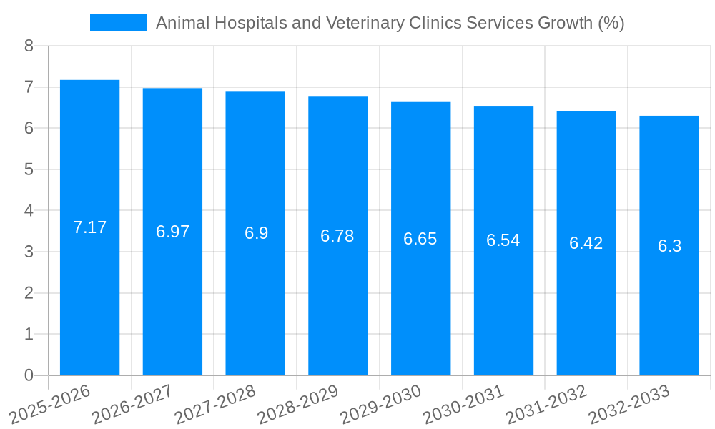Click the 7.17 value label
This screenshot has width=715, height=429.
(90, 227)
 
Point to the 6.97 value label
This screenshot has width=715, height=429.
(173, 232)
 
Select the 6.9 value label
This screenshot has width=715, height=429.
(256, 233)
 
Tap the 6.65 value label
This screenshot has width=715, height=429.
(420, 239)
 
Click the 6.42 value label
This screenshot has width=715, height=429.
(586, 243)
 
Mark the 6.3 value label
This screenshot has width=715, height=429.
(669, 246)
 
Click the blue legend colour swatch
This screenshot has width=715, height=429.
(118, 23)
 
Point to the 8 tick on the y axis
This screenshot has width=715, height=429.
(29, 46)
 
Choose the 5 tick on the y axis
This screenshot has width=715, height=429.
(29, 169)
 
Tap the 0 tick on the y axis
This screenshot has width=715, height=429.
(29, 375)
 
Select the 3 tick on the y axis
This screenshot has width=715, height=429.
(29, 252)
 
